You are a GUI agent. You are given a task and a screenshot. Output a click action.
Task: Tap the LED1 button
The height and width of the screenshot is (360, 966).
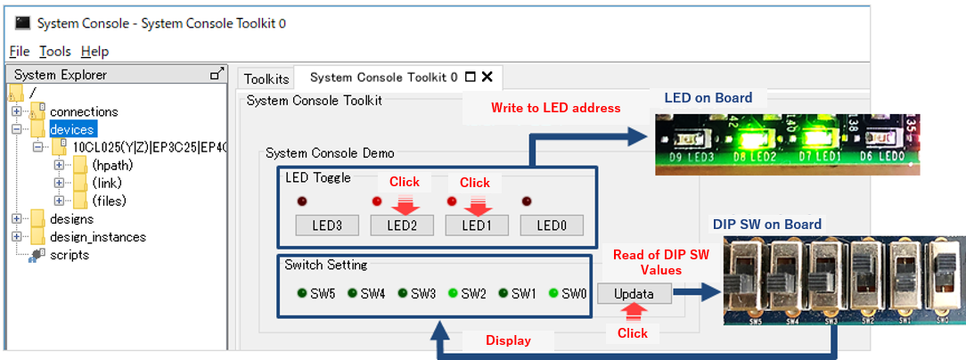[476, 225]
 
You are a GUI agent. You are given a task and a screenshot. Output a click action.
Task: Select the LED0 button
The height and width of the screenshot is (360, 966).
[552, 225]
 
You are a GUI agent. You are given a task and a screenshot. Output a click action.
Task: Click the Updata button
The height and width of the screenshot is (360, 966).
[634, 294]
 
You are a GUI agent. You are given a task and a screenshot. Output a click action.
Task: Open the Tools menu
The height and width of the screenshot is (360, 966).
[55, 52]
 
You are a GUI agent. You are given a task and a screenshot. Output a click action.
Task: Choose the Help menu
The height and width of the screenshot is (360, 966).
[94, 52]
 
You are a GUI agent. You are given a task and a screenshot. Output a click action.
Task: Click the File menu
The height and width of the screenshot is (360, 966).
[20, 52]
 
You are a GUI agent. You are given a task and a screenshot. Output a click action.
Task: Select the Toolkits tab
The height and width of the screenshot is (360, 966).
[266, 78]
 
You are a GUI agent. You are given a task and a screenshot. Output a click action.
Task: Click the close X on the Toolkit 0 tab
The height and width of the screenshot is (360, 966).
[487, 78]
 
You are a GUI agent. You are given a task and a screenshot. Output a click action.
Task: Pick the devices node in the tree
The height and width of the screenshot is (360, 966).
[72, 130]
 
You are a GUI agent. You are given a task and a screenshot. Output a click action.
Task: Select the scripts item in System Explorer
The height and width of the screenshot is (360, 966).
[70, 255]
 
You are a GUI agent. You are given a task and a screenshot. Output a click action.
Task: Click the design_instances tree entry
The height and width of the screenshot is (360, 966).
[98, 237]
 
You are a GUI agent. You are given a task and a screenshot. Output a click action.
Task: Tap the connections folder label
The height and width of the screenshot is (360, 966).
[84, 112]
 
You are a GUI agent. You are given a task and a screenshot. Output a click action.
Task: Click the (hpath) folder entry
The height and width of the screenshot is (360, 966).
[112, 166]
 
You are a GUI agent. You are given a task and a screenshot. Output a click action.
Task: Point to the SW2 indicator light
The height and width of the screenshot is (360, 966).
[454, 292]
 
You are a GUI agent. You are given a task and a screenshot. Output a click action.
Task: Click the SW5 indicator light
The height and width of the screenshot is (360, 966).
[303, 292]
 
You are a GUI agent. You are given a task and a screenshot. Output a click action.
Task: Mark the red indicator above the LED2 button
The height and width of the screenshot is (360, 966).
[377, 200]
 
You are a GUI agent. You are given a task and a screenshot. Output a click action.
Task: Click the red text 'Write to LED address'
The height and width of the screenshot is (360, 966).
[555, 109]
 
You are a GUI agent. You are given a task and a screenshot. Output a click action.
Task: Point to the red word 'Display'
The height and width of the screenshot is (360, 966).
[507, 340]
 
